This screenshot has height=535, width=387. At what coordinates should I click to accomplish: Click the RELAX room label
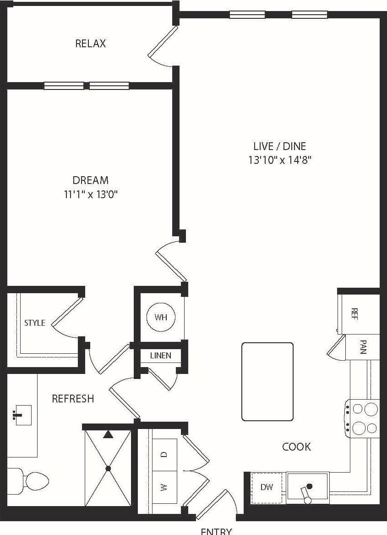[91, 44]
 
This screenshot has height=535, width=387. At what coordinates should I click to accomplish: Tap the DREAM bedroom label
[91, 180]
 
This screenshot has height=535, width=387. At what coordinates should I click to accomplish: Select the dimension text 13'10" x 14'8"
[280, 160]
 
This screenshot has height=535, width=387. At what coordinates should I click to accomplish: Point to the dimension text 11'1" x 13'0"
[91, 194]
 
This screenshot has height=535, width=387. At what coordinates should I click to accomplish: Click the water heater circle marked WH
[160, 317]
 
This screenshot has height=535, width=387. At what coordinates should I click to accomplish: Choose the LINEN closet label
[161, 356]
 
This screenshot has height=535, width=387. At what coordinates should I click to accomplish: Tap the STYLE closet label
[35, 323]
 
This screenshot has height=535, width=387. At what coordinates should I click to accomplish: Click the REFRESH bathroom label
[73, 399]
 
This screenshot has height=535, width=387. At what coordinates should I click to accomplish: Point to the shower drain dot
[108, 468]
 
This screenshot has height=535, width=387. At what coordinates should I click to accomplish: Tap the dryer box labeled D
[164, 455]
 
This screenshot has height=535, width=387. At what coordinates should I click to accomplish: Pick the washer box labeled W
[164, 487]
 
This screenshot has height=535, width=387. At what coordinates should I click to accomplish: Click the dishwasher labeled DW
[267, 487]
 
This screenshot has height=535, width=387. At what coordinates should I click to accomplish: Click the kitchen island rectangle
[267, 381]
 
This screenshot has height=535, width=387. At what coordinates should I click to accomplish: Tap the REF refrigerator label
[354, 314]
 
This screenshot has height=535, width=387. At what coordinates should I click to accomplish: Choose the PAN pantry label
[363, 347]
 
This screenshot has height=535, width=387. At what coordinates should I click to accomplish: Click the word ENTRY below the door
[216, 531]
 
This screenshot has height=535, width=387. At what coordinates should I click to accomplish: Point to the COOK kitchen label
[296, 446]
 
